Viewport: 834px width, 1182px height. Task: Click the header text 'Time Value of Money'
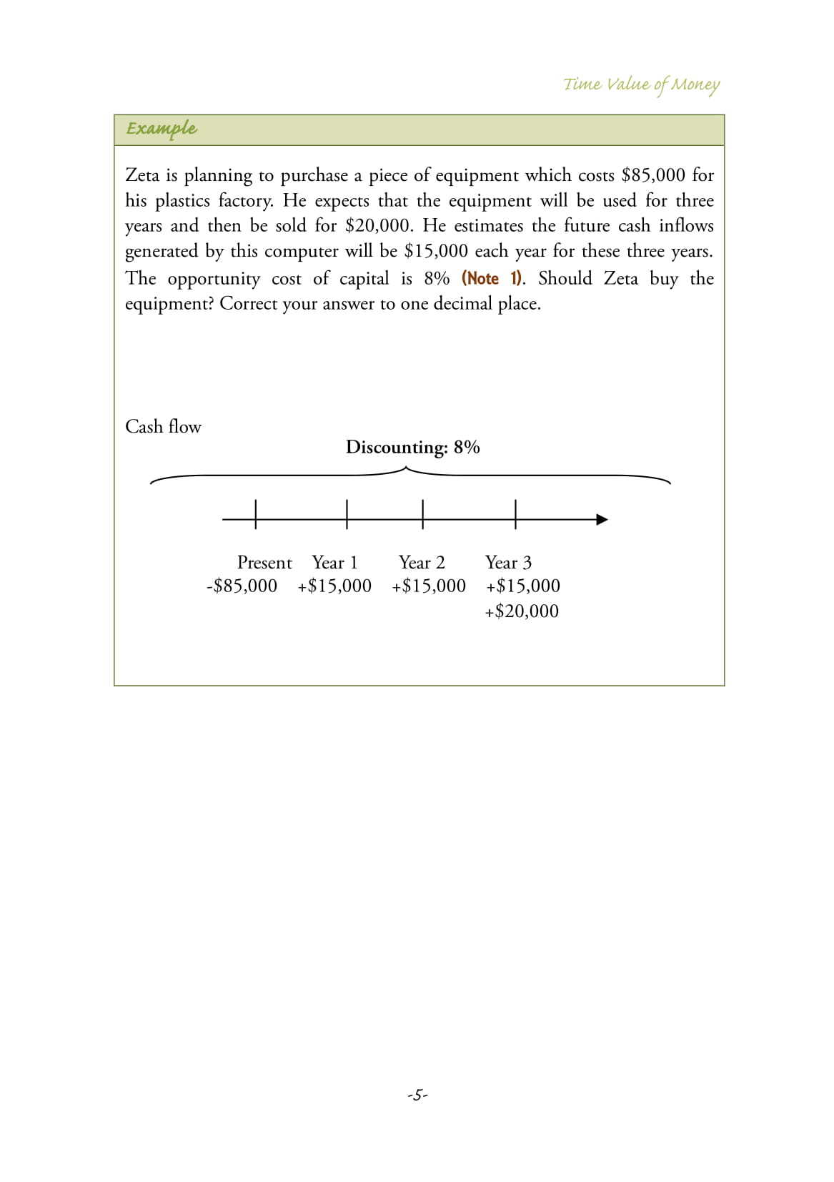click(x=641, y=84)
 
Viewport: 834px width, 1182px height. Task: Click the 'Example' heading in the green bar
click(x=162, y=129)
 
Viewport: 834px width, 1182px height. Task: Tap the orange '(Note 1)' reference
click(x=492, y=278)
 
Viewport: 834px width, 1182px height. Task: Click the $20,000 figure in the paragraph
click(x=378, y=226)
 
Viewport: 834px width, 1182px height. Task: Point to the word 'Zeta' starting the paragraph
click(x=142, y=175)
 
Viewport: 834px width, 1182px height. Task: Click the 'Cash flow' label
click(x=163, y=427)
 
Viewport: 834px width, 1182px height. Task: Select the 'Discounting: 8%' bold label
click(x=412, y=448)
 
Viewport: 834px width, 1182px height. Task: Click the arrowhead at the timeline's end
click(x=602, y=520)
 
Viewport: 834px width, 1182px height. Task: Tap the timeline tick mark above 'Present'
click(x=256, y=513)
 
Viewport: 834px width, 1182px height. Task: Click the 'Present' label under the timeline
click(x=264, y=563)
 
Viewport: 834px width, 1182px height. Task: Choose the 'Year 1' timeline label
click(x=334, y=563)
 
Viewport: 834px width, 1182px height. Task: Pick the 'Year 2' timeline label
click(x=422, y=563)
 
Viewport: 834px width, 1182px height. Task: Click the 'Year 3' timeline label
click(x=508, y=563)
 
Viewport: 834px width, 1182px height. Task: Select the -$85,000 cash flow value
click(x=242, y=586)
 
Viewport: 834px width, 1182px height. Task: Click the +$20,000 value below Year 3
click(x=522, y=611)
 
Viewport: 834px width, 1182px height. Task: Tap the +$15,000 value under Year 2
click(x=429, y=586)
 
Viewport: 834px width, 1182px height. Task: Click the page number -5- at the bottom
click(x=417, y=1094)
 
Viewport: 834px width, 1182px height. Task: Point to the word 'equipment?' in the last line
click(x=169, y=304)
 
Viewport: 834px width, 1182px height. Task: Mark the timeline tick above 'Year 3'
click(x=515, y=513)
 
